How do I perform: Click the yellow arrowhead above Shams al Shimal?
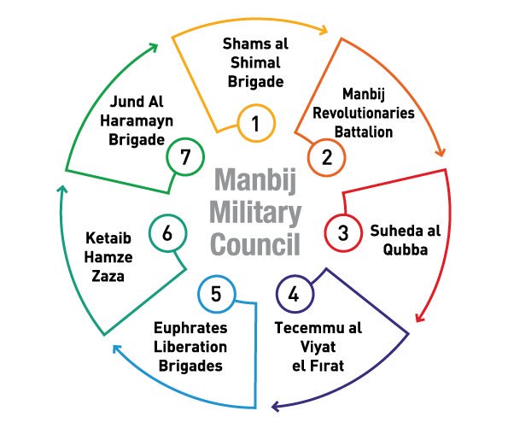click(x=324, y=30)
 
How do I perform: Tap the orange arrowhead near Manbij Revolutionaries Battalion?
click(x=441, y=152)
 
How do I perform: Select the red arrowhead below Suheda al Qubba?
click(x=419, y=318)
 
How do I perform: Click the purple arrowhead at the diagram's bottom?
click(x=276, y=407)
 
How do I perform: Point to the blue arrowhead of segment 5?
click(x=117, y=349)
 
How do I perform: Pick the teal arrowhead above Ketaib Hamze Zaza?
click(x=62, y=190)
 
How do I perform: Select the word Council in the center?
click(x=255, y=244)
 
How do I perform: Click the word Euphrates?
click(x=190, y=328)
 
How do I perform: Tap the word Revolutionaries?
click(x=364, y=113)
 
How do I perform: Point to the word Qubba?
click(x=406, y=249)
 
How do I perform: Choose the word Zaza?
click(x=108, y=276)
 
